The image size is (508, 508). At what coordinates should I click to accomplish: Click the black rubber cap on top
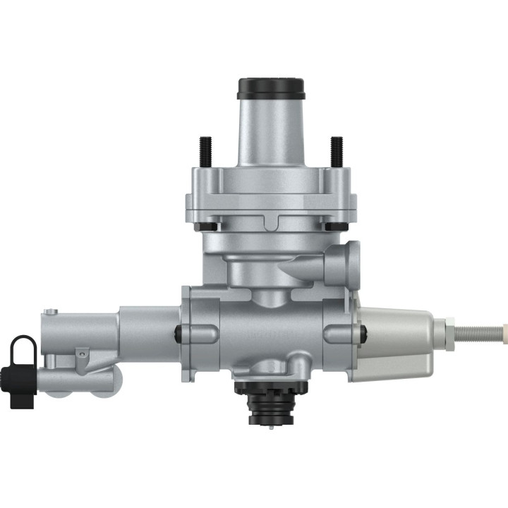coord(271,89)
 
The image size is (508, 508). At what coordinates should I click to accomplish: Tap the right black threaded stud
coord(337,152)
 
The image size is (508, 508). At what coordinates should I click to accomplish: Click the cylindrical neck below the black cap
coord(271,134)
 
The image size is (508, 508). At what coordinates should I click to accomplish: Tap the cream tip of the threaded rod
coord(504,328)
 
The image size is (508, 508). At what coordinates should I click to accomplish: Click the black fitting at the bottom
coord(271,406)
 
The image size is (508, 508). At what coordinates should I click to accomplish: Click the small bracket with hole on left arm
coord(83,353)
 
